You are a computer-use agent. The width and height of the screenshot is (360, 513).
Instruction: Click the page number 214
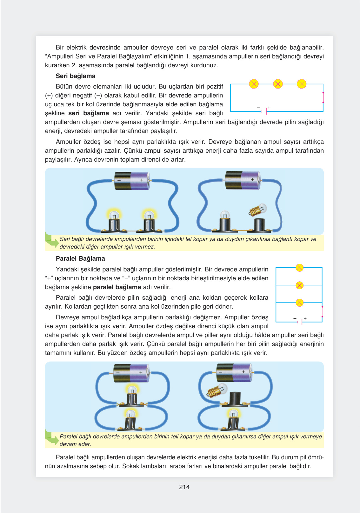coord(184,487)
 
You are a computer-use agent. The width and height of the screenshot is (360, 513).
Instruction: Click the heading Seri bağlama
coord(76,76)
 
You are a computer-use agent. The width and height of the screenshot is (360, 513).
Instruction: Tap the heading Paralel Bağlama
coord(80,258)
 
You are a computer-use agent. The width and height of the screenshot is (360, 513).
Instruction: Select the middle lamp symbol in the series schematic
coord(278,84)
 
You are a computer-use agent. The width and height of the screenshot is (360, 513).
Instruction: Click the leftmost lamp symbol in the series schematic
coord(254,84)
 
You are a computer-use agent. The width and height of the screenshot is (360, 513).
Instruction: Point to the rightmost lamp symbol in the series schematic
coord(302,84)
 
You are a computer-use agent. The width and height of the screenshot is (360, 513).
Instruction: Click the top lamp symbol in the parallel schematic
coord(299,268)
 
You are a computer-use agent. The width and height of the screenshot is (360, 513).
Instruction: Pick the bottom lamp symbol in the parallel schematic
coord(299,303)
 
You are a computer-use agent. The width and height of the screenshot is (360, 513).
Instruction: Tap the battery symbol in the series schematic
coord(264,111)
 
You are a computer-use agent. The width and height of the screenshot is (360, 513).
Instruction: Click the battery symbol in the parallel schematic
coord(300,322)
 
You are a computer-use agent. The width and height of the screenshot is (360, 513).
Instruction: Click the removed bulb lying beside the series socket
coord(257,210)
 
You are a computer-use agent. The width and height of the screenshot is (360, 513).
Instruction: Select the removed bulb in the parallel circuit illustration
coord(217,390)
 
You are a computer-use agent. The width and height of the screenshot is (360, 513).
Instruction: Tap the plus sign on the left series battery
coord(142,180)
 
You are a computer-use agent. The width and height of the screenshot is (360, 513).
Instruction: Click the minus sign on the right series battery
coord(230,180)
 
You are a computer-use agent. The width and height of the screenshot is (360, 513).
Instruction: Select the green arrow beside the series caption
coord(51,242)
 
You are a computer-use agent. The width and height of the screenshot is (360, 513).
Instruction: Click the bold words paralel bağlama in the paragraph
coord(117,287)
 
